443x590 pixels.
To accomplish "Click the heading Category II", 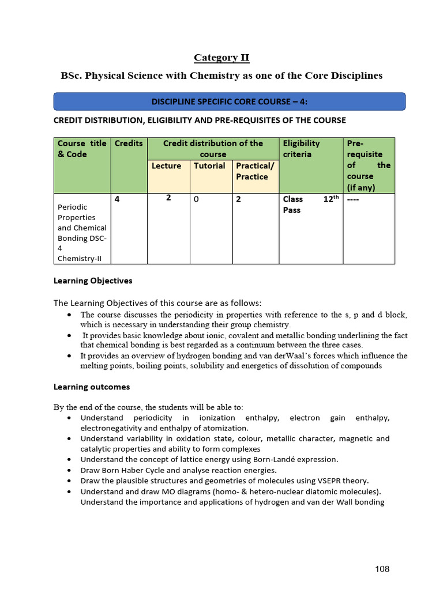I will (x=221, y=58).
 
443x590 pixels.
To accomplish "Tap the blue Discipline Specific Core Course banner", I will (x=230, y=101).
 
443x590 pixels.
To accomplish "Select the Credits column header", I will (x=129, y=143).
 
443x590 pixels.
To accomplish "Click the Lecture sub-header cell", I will (x=166, y=166).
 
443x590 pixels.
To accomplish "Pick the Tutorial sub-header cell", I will (x=209, y=166).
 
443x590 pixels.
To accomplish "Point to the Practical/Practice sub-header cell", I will (x=256, y=171).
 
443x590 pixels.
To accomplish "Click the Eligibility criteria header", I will (x=301, y=149).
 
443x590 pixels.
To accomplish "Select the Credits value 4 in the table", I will (x=118, y=199).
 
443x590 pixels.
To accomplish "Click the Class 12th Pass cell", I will (x=309, y=205).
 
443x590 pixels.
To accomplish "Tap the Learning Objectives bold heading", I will (x=93, y=281).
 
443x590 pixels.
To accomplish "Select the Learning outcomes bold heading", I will (x=92, y=387).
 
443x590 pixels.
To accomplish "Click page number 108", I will (x=382, y=569).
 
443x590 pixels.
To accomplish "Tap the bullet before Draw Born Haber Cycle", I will (x=69, y=470).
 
